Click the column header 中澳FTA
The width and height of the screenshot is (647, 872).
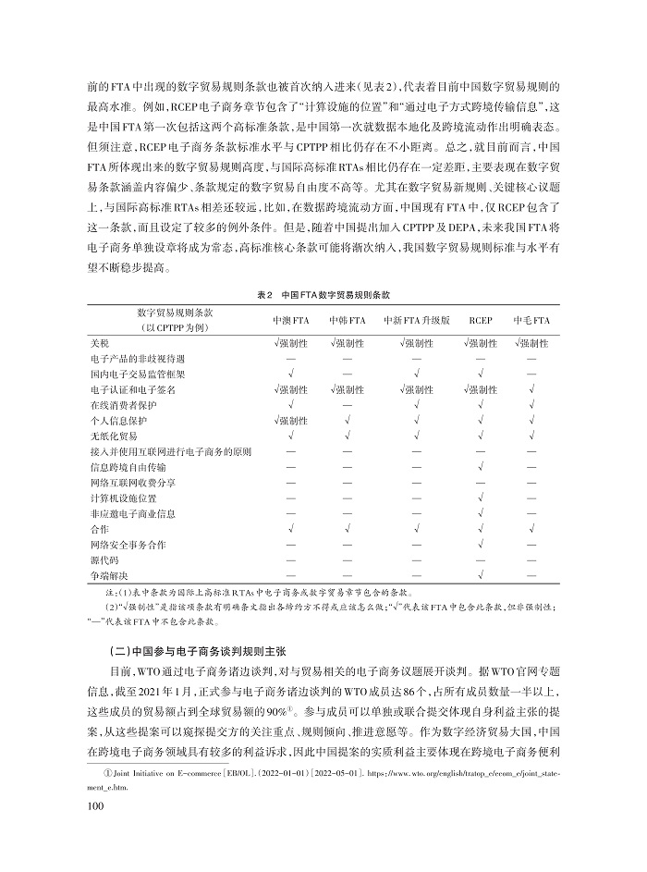[289, 320]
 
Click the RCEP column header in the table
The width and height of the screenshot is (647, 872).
[481, 320]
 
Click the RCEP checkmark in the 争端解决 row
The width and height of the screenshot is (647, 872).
[481, 576]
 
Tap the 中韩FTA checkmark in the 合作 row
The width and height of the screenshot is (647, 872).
[346, 529]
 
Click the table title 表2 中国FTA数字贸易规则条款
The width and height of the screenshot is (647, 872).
[323, 293]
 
